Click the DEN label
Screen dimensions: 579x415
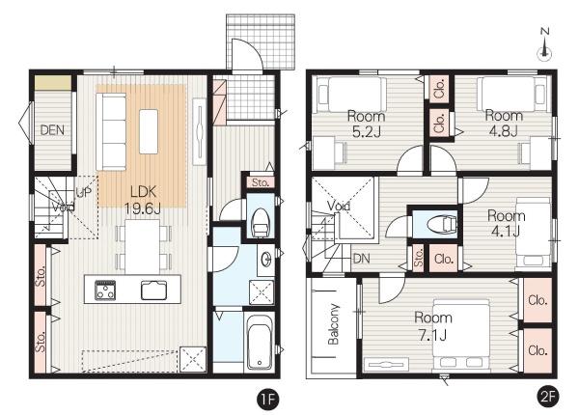(x=52, y=130)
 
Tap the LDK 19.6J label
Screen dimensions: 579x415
(x=143, y=200)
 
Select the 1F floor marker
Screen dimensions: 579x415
(x=268, y=399)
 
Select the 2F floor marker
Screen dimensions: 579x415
(x=547, y=397)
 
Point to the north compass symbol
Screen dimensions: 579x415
(x=544, y=43)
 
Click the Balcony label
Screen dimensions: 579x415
(x=334, y=324)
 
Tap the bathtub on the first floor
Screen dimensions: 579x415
(x=260, y=343)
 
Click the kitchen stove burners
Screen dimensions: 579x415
(x=105, y=290)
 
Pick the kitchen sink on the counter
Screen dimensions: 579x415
(x=153, y=290)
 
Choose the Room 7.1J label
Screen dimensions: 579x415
(x=432, y=326)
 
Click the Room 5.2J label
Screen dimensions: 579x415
(x=367, y=124)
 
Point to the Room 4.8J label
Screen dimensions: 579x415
(x=504, y=123)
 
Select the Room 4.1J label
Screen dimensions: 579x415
(x=507, y=223)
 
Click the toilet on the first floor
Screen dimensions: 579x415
(x=260, y=223)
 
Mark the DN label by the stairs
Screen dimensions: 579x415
(x=361, y=259)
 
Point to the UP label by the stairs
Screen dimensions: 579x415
(x=83, y=192)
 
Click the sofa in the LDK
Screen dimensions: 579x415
(x=111, y=131)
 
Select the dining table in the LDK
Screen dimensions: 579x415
(x=143, y=246)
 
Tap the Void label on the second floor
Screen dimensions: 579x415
(x=339, y=206)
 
